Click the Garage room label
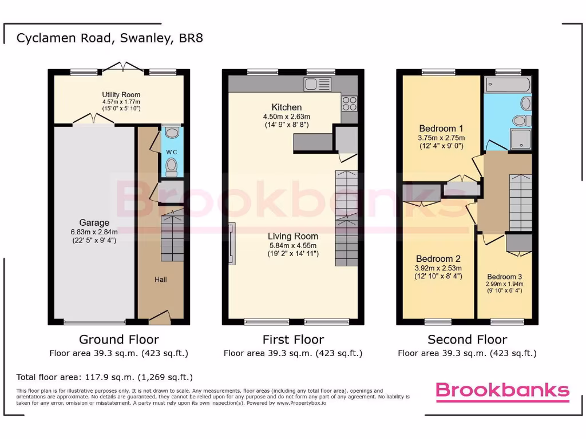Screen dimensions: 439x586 point(94,223)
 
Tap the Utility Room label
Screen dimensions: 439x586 point(121,95)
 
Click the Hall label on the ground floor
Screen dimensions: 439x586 point(160,280)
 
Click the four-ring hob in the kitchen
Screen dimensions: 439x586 point(350,103)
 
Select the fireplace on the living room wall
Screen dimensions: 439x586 point(231,245)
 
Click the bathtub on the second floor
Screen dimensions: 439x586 point(508,85)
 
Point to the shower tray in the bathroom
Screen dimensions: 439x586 point(520,139)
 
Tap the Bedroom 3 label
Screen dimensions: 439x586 point(505,276)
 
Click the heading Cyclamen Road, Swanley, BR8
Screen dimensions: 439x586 point(109,38)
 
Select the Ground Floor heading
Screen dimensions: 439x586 point(119,340)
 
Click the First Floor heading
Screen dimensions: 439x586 point(293,340)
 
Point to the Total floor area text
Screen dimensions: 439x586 point(105,377)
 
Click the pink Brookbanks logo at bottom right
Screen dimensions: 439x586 point(502,390)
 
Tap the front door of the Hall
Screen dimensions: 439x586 point(160,316)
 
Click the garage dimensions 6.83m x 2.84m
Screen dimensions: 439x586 point(94,232)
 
